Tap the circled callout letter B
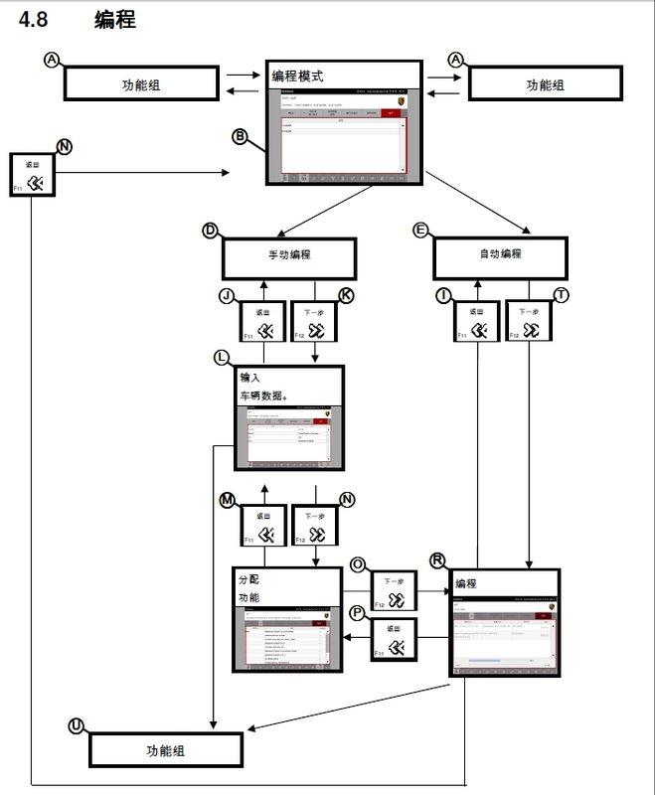tap(240, 136)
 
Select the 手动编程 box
tap(289, 255)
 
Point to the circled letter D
tap(210, 231)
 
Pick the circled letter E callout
tap(420, 231)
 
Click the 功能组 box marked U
tap(166, 751)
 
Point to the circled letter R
tap(437, 559)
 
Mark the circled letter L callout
tap(223, 357)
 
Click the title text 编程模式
tap(298, 76)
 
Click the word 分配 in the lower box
tap(248, 578)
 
